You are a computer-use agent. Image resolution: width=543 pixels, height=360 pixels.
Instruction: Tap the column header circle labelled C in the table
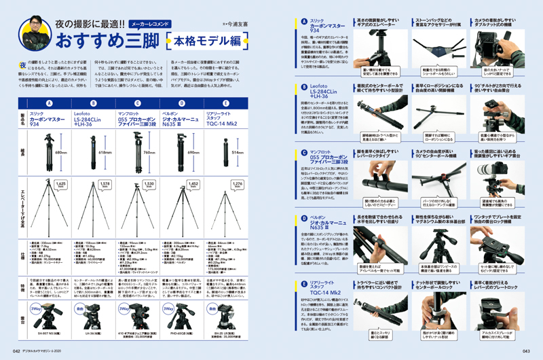click(131, 104)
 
